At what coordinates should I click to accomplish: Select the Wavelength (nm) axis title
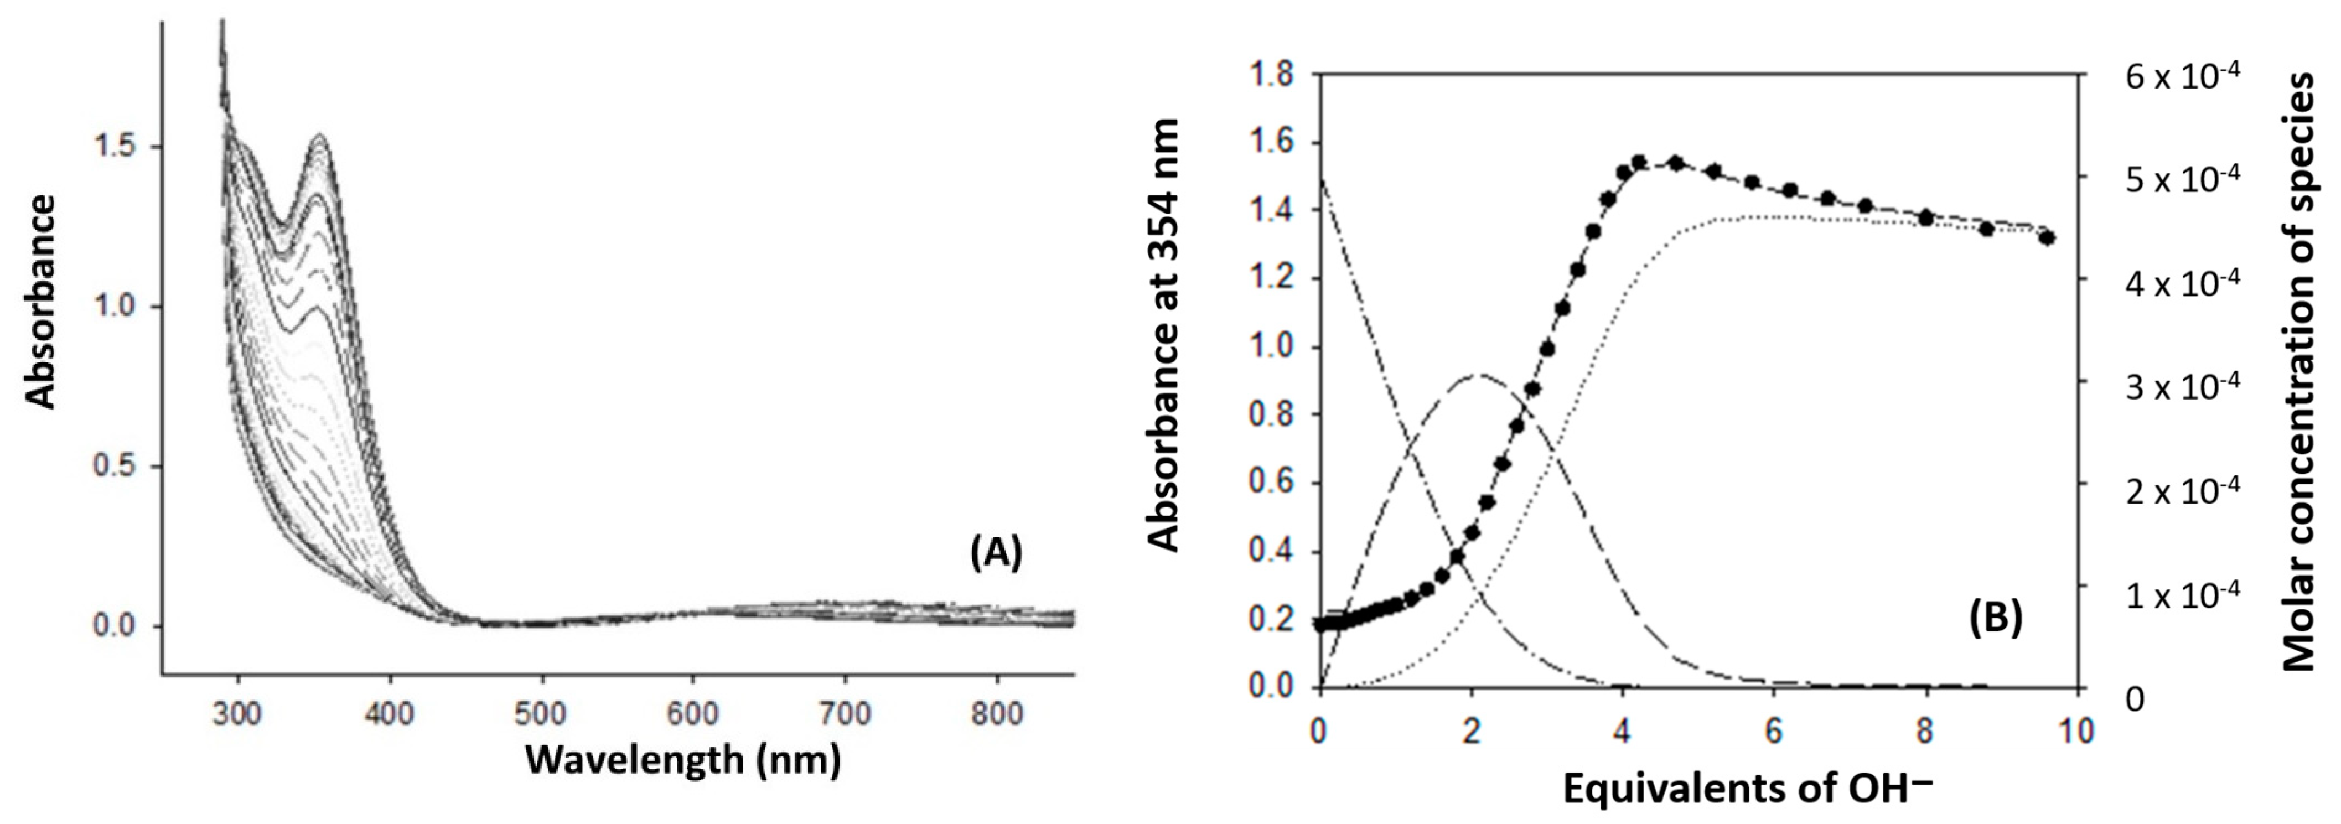pyautogui.click(x=682, y=759)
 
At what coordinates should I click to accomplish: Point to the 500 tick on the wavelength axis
pyautogui.click(x=542, y=714)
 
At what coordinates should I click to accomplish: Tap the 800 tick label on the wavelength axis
pyautogui.click(x=997, y=714)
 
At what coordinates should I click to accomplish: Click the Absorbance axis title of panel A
pyautogui.click(x=41, y=300)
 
